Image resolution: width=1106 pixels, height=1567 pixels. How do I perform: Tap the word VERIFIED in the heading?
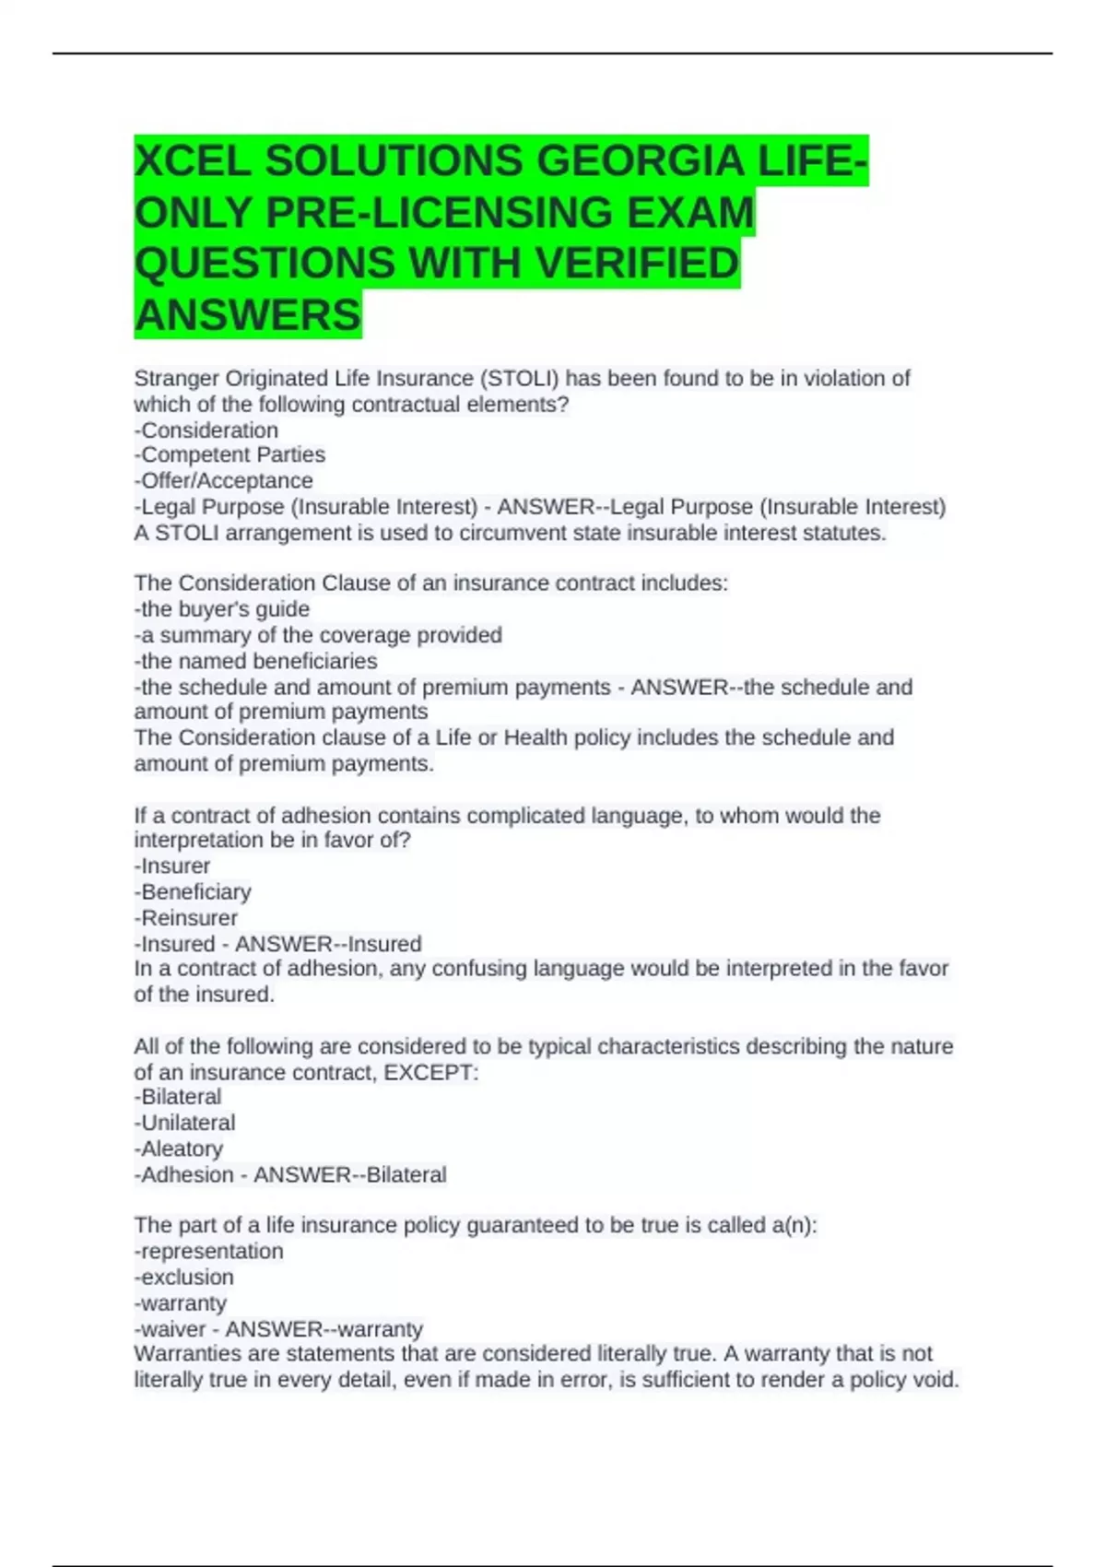637,264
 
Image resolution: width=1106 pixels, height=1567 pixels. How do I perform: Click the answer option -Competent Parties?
229,455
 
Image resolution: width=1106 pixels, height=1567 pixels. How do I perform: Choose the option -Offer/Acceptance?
224,481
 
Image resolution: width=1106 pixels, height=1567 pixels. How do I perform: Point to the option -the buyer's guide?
222,609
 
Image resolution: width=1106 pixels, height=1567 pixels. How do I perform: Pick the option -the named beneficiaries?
256,662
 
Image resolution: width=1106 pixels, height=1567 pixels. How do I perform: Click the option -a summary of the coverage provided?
318,635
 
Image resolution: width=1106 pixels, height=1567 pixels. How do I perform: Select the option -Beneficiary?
193,892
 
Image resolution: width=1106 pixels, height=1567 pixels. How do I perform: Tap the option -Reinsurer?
186,918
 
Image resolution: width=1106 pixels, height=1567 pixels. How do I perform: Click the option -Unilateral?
184,1123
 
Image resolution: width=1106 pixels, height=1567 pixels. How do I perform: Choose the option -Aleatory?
179,1149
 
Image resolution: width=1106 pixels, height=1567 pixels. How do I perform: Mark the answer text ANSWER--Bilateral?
350,1175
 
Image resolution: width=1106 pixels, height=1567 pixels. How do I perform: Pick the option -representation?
209,1252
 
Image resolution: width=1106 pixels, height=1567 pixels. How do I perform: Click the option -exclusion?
184,1278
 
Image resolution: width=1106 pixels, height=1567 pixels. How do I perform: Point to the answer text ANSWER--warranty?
324,1329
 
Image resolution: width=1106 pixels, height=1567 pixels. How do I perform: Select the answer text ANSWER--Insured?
328,944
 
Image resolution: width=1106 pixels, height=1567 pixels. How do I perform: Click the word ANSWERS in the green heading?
248,315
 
